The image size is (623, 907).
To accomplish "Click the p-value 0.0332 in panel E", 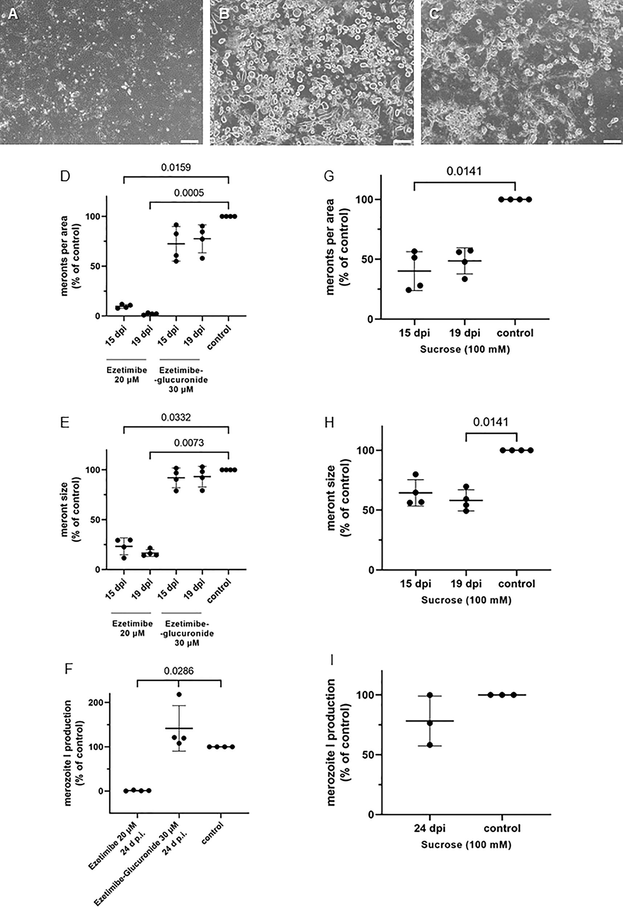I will (176, 418).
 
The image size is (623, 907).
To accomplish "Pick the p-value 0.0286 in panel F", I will (179, 671).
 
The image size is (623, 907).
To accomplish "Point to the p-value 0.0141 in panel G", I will (464, 171).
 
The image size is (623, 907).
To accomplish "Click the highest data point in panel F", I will (179, 694).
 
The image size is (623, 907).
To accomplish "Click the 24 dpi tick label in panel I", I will (429, 828).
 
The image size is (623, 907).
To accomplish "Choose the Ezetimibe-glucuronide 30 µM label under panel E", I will (187, 633).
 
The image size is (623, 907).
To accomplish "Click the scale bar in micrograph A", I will (190, 141).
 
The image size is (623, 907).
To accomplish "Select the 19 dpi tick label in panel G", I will (464, 333).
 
